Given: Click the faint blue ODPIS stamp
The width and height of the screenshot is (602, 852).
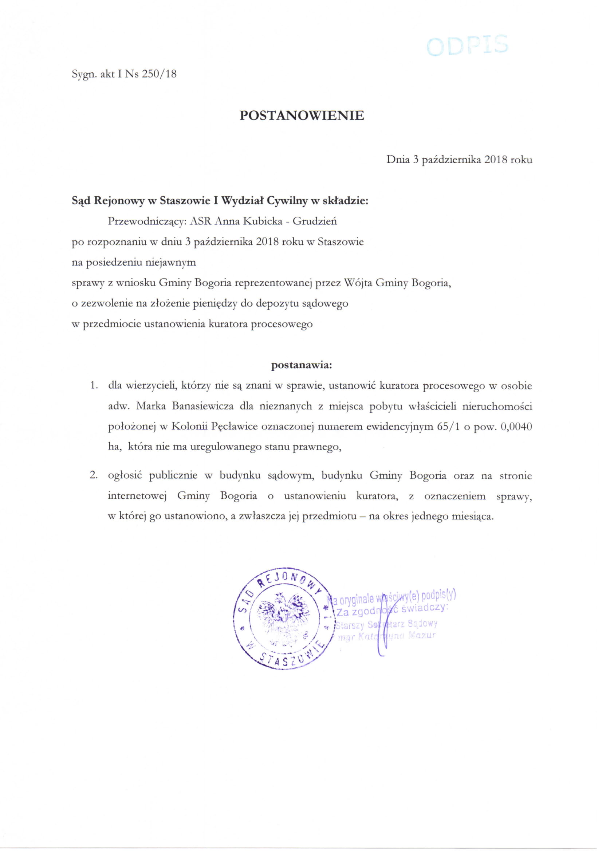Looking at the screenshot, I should pyautogui.click(x=467, y=45).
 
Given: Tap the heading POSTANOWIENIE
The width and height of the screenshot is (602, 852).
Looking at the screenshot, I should pyautogui.click(x=302, y=116).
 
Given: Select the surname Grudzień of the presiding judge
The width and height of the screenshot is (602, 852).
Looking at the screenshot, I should pyautogui.click(x=315, y=221).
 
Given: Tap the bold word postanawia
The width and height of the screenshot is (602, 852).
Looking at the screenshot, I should pyautogui.click(x=301, y=365).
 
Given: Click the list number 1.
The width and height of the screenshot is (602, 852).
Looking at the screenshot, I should pyautogui.click(x=94, y=386).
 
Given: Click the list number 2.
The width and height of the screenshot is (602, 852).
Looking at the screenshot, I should pyautogui.click(x=94, y=476).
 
